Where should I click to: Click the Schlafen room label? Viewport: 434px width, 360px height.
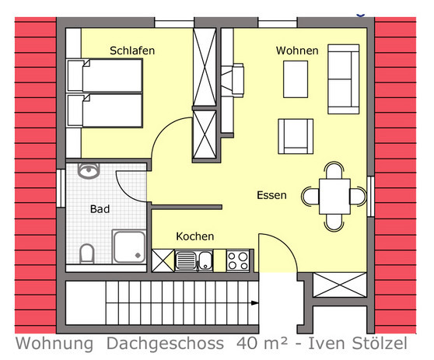[x=132, y=51]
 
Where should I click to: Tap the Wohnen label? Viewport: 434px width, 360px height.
[x=297, y=51]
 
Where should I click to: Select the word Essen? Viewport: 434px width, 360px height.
[x=271, y=195]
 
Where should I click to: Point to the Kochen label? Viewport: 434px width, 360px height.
[x=195, y=236]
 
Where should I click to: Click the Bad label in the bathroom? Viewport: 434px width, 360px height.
[x=100, y=209]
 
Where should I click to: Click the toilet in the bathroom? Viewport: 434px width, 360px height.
[x=87, y=253]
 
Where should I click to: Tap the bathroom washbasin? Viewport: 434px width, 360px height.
[x=89, y=171]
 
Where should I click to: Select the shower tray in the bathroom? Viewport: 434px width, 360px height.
[x=129, y=246]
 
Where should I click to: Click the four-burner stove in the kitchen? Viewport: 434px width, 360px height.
[x=238, y=261]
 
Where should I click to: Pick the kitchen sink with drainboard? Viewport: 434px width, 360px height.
[x=194, y=261]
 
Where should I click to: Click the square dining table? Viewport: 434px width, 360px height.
[x=334, y=196]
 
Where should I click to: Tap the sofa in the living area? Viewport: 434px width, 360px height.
[x=344, y=79]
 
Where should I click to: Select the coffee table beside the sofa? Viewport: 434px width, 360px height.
[x=296, y=79]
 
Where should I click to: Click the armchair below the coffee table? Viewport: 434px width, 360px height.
[x=296, y=136]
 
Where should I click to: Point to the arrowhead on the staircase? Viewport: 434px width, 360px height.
[x=254, y=303]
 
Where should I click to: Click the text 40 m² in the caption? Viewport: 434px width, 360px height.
[x=262, y=344]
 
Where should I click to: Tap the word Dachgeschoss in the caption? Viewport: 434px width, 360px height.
[x=165, y=344]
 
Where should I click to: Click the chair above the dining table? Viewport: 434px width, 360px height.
[x=334, y=170]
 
